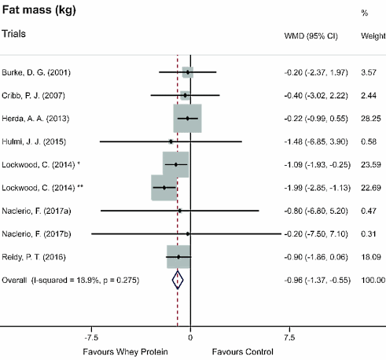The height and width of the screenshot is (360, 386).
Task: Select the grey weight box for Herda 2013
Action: tap(188, 118)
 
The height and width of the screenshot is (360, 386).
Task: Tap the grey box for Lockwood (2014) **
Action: tap(164, 188)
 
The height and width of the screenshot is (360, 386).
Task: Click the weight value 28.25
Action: tap(369, 118)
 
